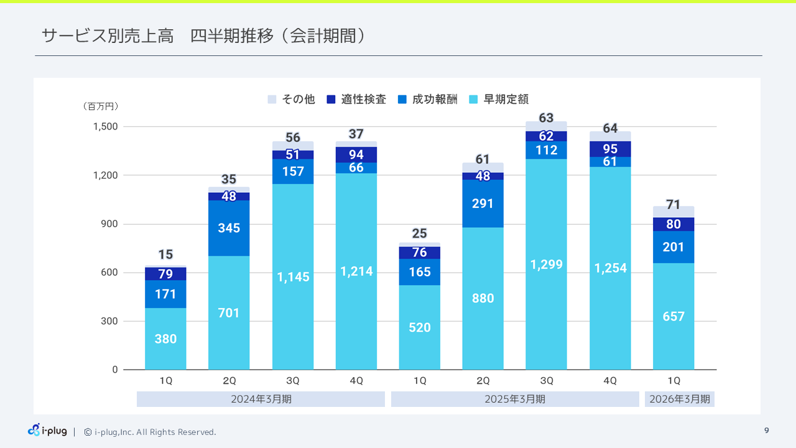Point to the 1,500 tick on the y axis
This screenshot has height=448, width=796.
coord(105,127)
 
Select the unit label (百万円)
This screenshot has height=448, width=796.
coord(100,107)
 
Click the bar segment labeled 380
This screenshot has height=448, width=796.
coord(165,339)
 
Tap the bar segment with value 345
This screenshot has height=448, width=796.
coord(229,228)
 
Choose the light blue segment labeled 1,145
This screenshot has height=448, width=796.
coord(293,277)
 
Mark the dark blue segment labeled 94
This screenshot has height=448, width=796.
coord(356,155)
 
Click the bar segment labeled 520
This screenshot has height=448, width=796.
coord(420,327)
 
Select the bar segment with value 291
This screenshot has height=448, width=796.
coord(483,203)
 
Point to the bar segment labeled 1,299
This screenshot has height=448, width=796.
coord(546,264)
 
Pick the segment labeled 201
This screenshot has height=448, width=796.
coord(673,247)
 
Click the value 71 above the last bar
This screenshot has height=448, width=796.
coord(673,205)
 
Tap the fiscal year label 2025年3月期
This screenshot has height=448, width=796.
coord(515,399)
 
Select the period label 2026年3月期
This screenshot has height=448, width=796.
coord(680,399)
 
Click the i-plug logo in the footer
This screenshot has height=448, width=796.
coord(47,430)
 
